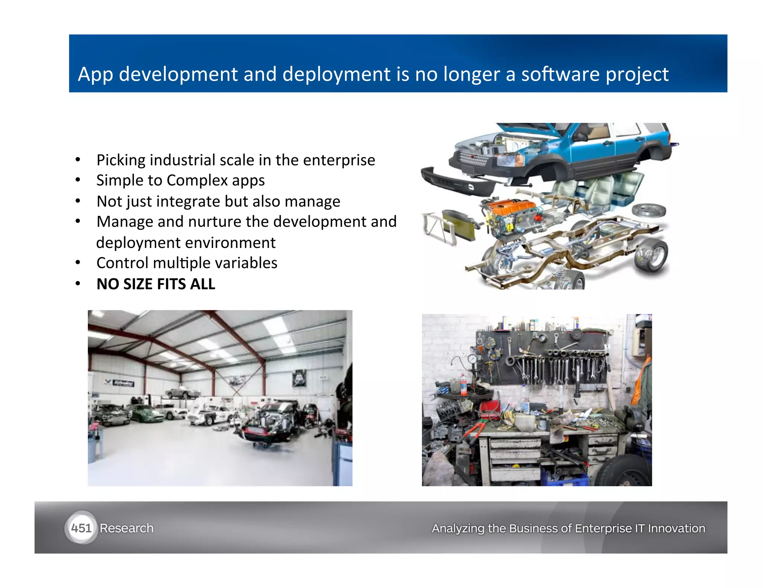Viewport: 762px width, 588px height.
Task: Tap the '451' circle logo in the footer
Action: pyautogui.click(x=81, y=528)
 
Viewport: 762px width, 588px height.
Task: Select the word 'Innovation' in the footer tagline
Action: pyautogui.click(x=676, y=528)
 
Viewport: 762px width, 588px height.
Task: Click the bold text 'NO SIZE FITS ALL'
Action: pyautogui.click(x=156, y=284)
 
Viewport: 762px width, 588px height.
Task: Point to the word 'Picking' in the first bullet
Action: pyautogui.click(x=121, y=161)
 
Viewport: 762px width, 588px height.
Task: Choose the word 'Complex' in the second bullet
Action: pyautogui.click(x=197, y=181)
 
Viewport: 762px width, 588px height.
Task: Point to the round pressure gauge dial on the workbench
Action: pyautogui.click(x=472, y=359)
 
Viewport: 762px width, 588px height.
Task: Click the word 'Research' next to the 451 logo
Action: pyautogui.click(x=127, y=528)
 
